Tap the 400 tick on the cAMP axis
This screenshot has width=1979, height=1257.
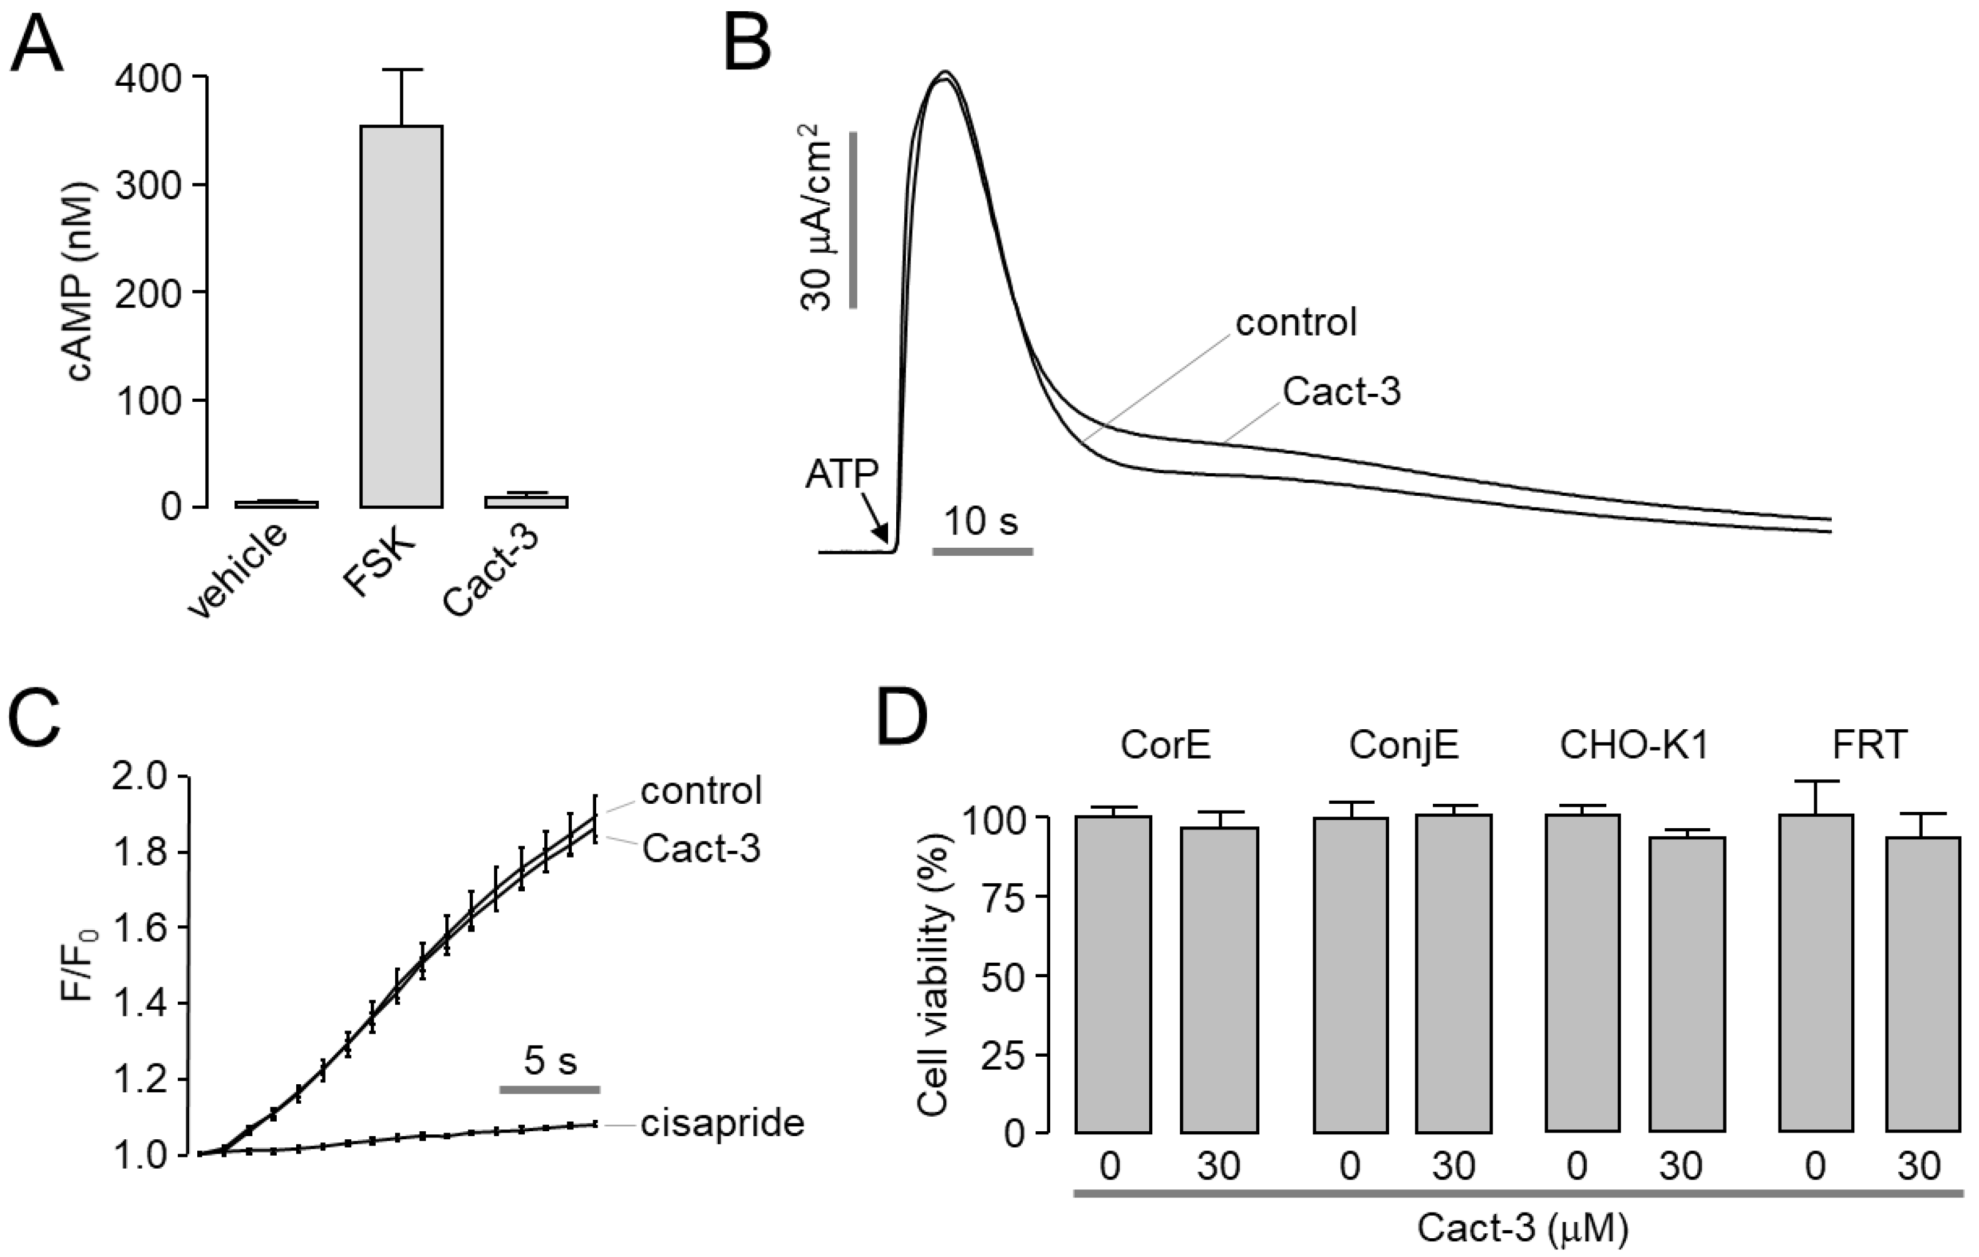point(148,79)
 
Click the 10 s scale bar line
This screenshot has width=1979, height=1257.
point(982,552)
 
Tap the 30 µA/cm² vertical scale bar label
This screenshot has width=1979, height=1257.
point(815,218)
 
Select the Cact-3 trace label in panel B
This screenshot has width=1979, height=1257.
point(1341,392)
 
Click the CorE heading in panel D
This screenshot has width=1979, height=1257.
point(1165,745)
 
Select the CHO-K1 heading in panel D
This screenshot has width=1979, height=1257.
point(1635,745)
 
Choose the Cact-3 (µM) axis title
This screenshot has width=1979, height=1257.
point(1522,1228)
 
